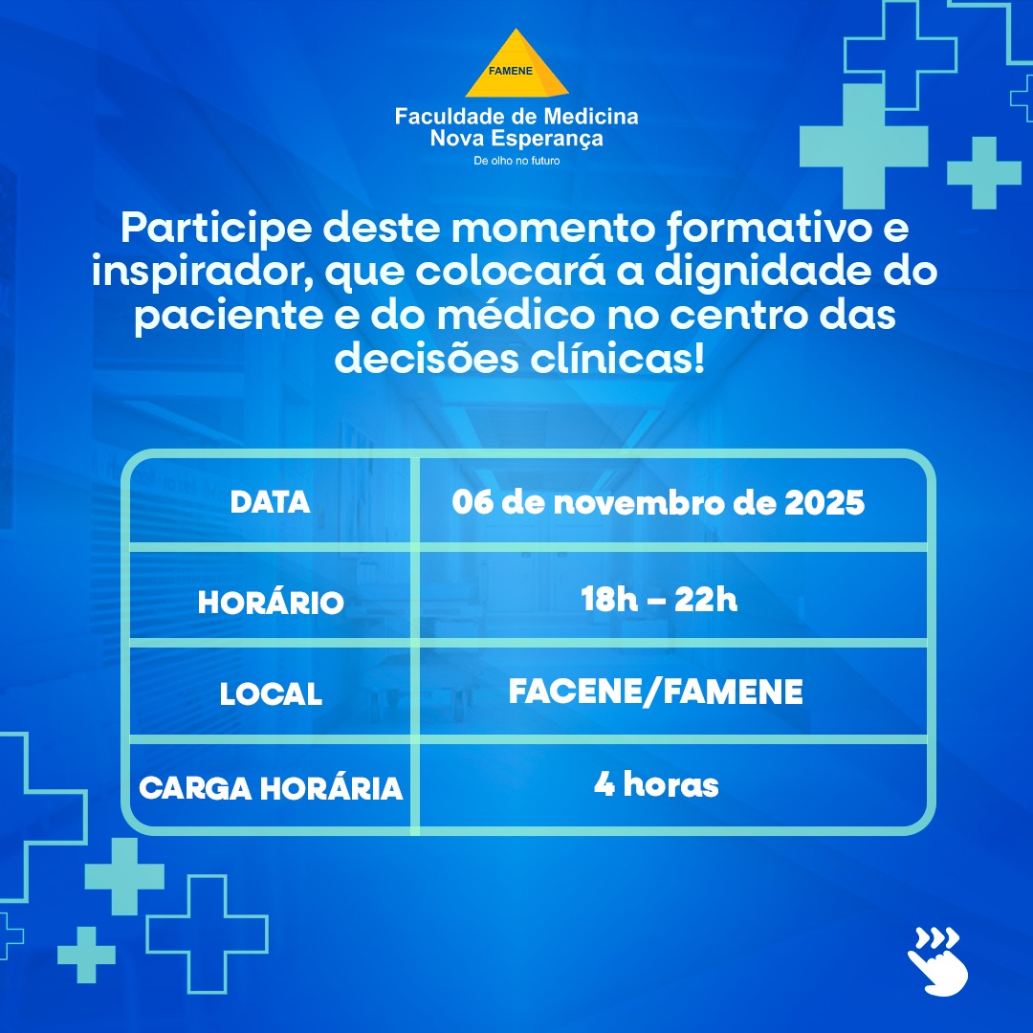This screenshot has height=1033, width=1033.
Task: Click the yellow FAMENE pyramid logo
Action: [516, 64]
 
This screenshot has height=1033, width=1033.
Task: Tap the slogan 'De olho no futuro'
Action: [516, 161]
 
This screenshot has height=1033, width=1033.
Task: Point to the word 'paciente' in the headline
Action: [229, 317]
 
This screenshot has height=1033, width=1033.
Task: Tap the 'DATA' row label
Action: [270, 503]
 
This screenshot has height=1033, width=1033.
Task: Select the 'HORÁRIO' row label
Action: [271, 602]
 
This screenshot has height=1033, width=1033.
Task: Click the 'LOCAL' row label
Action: [271, 693]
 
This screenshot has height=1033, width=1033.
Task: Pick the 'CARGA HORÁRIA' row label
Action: [271, 787]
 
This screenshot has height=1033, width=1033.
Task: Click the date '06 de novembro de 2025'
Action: [658, 503]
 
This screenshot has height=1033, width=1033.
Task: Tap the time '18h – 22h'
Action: [659, 600]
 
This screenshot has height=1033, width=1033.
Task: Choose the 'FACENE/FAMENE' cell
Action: [655, 692]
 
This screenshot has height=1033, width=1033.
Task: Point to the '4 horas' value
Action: [656, 784]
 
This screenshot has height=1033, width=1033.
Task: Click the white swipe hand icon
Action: [937, 961]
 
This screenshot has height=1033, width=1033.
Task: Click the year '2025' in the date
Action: [824, 503]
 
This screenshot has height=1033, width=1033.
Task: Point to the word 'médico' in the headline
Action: [516, 315]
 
